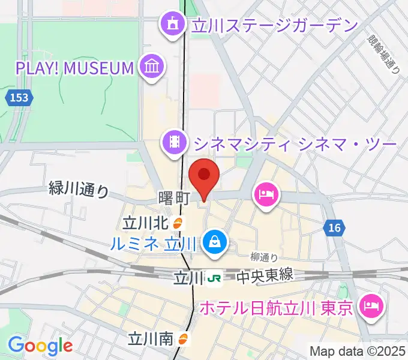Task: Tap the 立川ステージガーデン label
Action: coord(274,25)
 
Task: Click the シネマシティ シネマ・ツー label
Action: coord(293,143)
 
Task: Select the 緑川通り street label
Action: coord(79,191)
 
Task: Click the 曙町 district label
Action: coord(175,197)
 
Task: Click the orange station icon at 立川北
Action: coord(178,223)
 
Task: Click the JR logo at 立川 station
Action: coord(214,278)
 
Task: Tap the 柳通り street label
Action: coord(265,257)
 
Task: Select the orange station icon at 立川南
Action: coord(184,340)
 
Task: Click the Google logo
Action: coord(40,346)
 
